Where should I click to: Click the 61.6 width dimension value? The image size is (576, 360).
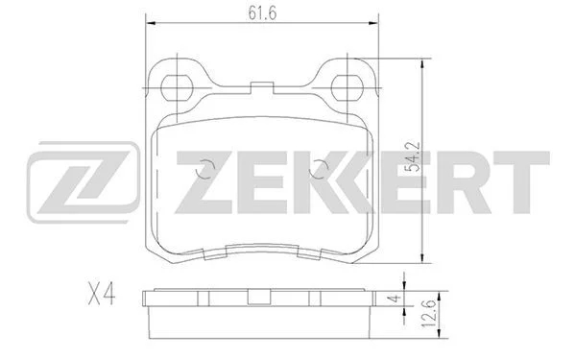pos(262,12)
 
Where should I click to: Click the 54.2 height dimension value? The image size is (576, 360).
pos(412,157)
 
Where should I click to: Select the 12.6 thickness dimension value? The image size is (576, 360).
pos(430,313)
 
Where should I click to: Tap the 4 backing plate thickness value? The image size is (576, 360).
pos(395,299)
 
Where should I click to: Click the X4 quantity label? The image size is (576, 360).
pos(102,295)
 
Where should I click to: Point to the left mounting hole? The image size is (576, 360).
pos(177,87)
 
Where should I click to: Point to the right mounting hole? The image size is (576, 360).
pos(348,87)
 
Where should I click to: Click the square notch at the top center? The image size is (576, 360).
pos(262,87)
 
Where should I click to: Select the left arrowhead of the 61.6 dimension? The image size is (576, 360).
pos(152,23)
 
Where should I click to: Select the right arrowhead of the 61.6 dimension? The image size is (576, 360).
pos(373,23)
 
